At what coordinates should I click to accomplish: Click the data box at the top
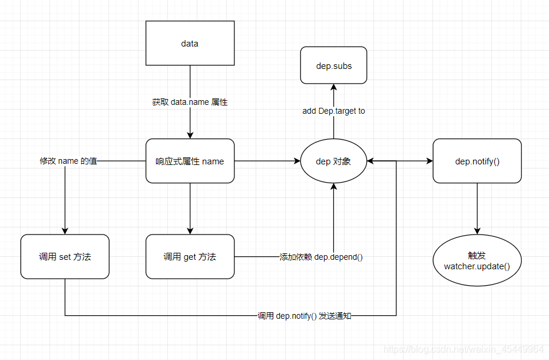190,43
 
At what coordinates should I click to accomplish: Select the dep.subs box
333,65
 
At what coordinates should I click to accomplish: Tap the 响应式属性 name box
190,161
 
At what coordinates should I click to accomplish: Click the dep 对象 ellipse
333,161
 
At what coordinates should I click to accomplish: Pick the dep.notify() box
477,161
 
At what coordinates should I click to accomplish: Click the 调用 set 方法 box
65,256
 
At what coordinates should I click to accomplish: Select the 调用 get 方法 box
190,256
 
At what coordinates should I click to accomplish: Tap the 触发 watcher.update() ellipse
477,260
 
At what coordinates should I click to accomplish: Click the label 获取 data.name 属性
190,102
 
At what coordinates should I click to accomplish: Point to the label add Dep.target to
333,111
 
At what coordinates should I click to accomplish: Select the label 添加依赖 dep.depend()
321,257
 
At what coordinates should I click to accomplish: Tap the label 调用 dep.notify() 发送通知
305,316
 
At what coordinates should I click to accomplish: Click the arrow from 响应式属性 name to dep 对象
265,161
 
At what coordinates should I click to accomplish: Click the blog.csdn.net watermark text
463,349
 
